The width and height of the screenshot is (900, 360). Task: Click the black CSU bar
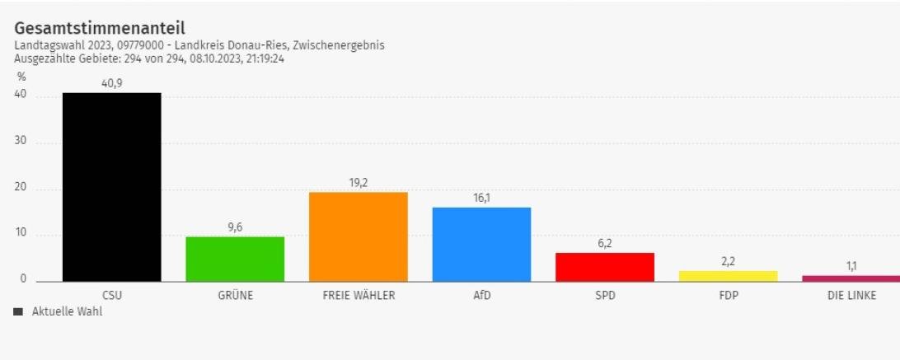point(111,187)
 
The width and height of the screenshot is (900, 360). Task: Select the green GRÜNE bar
point(235,259)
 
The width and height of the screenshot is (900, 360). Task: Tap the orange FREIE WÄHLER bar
point(358,236)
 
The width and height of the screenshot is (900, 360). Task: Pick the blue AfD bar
point(481,244)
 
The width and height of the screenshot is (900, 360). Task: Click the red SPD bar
point(604,266)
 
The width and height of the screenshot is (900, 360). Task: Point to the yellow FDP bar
point(728,276)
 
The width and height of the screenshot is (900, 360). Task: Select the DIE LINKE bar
point(851,278)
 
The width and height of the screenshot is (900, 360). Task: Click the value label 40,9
point(111,83)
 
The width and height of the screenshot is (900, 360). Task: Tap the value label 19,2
point(358,183)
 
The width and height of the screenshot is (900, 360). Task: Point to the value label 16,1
point(481,198)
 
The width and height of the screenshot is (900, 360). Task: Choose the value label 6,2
point(604,243)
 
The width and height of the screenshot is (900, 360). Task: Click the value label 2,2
point(728,261)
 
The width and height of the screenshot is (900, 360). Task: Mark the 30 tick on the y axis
point(21,141)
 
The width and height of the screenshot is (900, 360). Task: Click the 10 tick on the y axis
point(21,233)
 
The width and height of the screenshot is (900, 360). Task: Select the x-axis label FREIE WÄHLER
point(358,296)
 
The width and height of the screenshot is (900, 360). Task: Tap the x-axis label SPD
point(604,296)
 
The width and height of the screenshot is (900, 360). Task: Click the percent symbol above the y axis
point(21,77)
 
